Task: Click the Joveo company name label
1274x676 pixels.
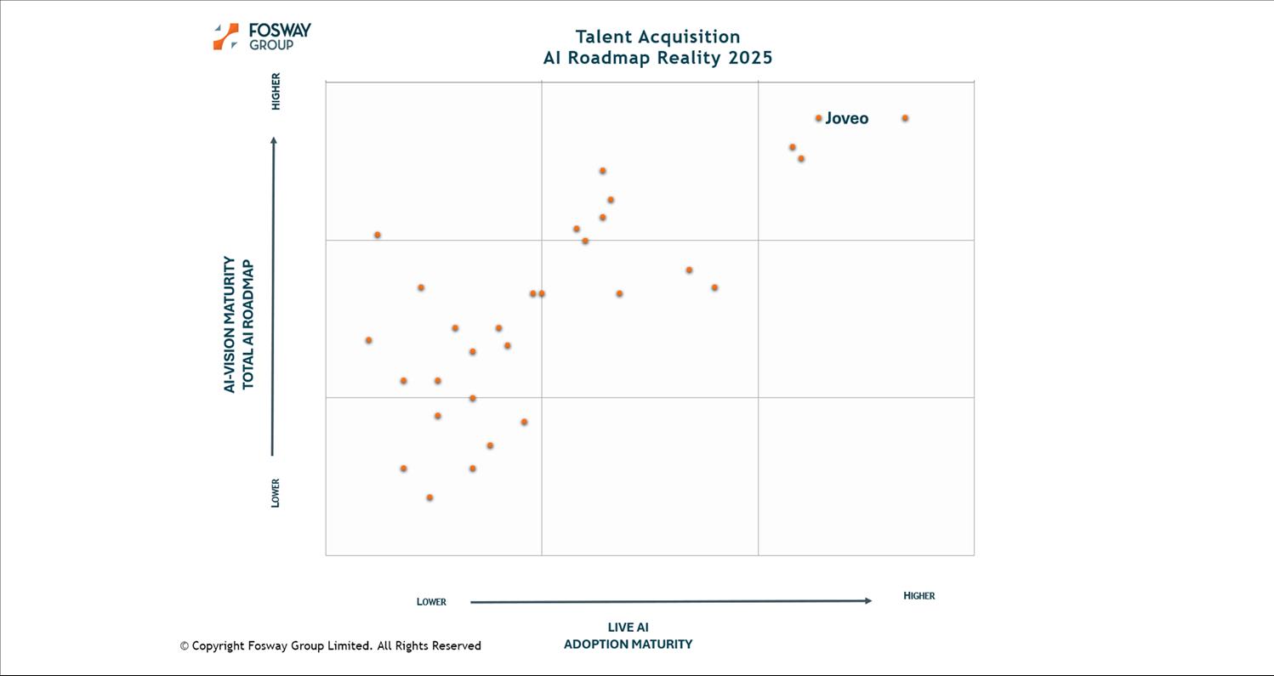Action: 846,118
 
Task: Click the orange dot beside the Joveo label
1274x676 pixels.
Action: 818,118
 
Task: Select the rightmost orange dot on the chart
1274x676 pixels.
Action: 905,118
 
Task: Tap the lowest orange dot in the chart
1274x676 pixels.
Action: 429,497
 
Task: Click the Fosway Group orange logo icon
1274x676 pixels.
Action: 225,37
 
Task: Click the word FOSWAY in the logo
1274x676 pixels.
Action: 280,31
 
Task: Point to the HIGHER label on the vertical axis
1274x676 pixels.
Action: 276,91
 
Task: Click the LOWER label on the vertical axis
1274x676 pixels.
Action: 276,493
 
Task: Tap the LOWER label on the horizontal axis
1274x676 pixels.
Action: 431,602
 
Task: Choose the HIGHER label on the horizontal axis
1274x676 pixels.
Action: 919,596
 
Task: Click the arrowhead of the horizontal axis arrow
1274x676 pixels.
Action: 867,601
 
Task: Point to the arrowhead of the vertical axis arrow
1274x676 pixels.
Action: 273,140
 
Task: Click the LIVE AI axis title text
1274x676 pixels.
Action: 628,628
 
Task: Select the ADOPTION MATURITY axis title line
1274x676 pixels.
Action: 628,645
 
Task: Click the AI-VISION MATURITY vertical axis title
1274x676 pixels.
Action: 230,324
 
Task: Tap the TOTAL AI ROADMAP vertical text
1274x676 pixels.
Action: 248,325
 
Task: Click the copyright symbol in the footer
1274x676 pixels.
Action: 184,646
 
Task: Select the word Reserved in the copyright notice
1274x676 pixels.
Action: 456,646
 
